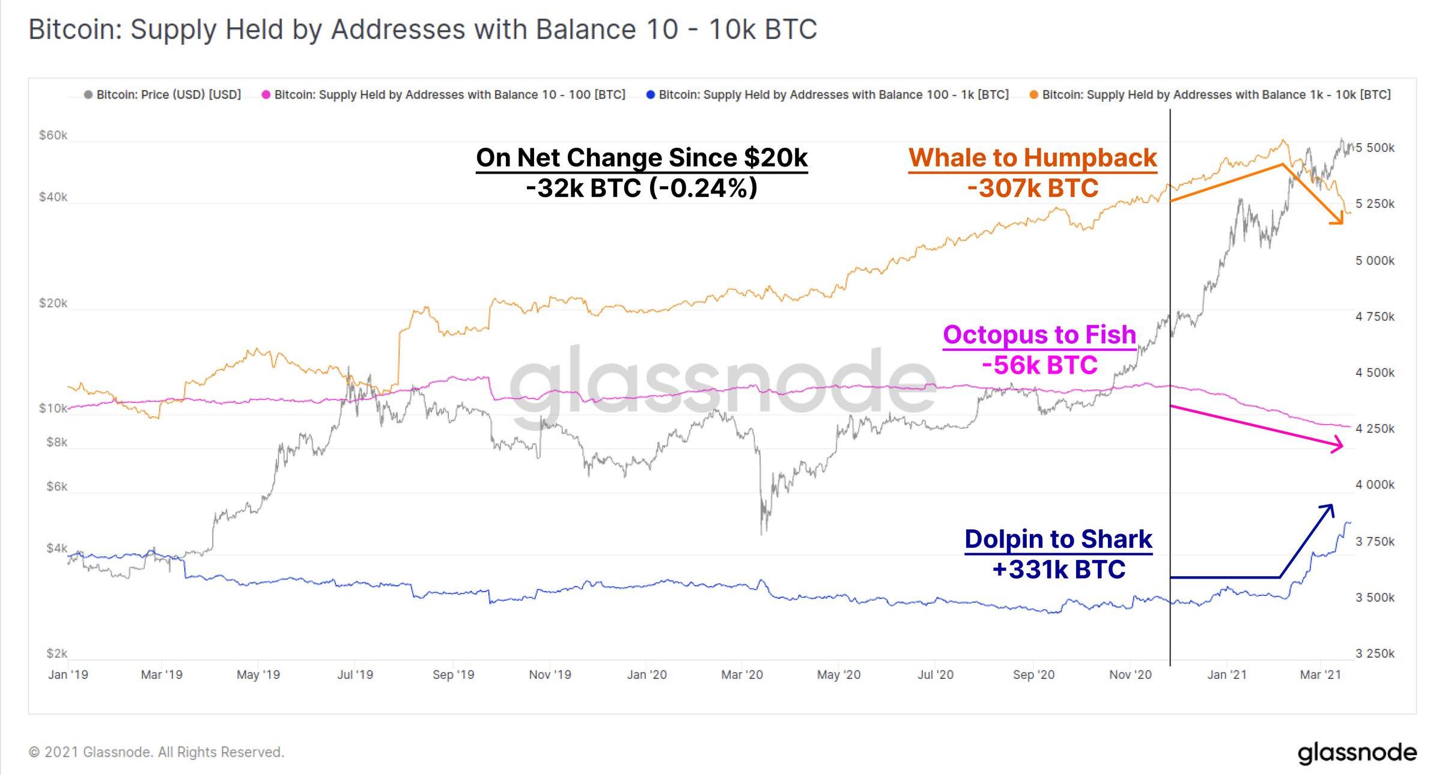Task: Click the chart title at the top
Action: [x=422, y=29]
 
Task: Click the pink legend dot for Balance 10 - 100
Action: [x=266, y=95]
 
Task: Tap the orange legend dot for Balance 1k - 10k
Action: [x=1033, y=95]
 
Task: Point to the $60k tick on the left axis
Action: [x=53, y=135]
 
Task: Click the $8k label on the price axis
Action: [x=57, y=442]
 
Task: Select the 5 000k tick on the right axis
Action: [x=1375, y=261]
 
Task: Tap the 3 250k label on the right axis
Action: [x=1375, y=653]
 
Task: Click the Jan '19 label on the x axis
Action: [x=68, y=675]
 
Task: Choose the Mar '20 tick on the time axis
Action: [x=741, y=675]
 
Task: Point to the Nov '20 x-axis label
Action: [x=1130, y=675]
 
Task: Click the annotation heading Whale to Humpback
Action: [x=1032, y=158]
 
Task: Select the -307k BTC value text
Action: [x=1032, y=188]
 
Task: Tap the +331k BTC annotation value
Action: [x=1059, y=570]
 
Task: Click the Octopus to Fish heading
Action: [x=1039, y=335]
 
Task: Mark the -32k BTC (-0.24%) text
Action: [x=641, y=188]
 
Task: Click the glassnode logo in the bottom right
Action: [x=1357, y=752]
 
